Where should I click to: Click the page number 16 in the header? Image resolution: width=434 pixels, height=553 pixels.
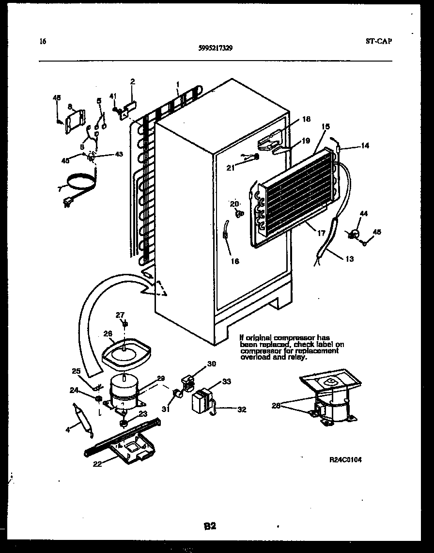coord(43,42)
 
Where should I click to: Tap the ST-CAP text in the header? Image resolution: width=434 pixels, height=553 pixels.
coord(379,41)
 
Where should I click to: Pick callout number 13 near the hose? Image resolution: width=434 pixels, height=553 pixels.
coord(349,259)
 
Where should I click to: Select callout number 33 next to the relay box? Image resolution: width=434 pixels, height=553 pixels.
coord(226,381)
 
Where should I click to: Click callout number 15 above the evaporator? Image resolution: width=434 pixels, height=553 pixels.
coord(325,126)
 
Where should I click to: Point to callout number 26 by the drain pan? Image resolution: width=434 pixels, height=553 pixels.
coord(108,333)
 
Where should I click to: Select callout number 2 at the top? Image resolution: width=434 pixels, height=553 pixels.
coord(132,81)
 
